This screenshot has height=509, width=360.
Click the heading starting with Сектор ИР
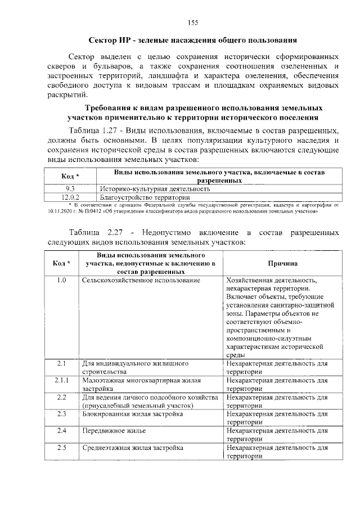(x=192, y=40)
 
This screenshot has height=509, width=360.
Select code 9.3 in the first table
(x=70, y=189)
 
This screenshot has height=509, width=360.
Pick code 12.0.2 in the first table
(x=70, y=197)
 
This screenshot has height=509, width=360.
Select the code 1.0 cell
(x=62, y=280)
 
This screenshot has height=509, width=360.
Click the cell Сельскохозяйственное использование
(x=141, y=280)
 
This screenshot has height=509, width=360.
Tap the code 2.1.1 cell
(x=62, y=381)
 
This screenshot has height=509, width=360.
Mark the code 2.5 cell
(x=62, y=448)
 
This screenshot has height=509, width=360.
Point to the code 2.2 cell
(x=62, y=398)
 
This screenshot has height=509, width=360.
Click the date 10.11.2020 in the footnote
(x=61, y=212)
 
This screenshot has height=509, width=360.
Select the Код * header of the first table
(x=70, y=176)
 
